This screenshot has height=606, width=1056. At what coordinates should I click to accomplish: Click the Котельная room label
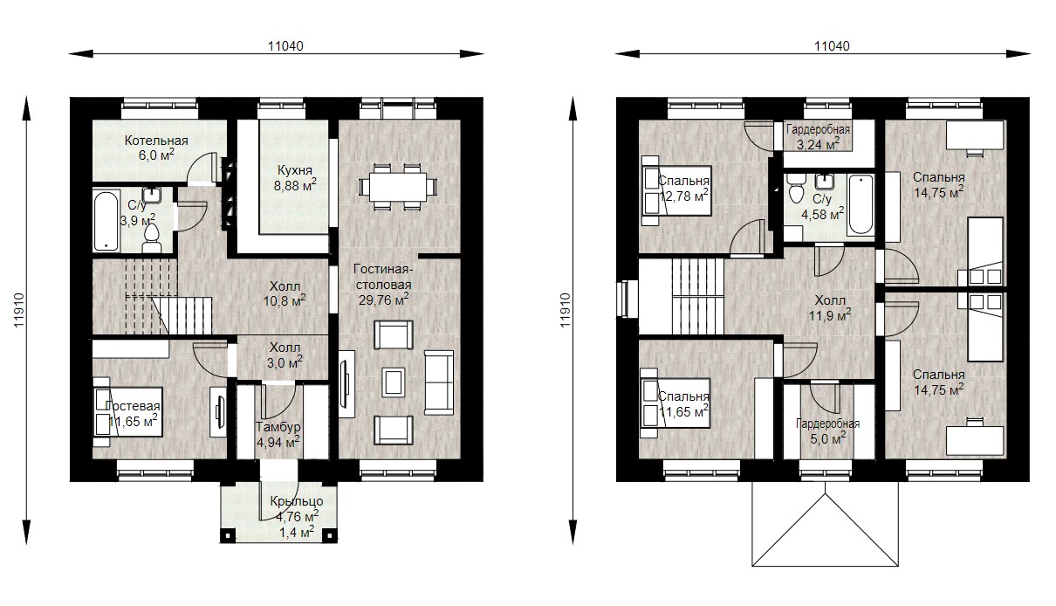point(156,141)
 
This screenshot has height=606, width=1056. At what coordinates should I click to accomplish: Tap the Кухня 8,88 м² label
point(295,178)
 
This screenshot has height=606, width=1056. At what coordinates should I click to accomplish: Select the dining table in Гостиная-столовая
point(398,187)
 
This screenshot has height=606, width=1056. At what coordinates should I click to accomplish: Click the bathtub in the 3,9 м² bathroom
point(106,221)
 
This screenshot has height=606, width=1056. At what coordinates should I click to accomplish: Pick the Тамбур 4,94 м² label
point(278,435)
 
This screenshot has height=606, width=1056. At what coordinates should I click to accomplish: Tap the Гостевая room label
point(133,406)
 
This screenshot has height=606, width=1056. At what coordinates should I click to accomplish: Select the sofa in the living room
point(439,382)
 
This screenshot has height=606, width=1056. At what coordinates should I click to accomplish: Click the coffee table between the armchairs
point(393,382)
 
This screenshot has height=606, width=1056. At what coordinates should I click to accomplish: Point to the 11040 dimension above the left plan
point(285,46)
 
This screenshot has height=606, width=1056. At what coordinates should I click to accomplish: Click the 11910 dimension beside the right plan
point(565,310)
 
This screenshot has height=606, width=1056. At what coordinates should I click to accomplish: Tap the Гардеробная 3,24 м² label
point(819,137)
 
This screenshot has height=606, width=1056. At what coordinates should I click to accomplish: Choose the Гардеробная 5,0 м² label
point(828,431)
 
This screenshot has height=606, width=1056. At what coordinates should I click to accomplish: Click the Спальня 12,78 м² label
point(683,188)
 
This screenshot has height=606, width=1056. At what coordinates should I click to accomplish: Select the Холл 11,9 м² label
point(830,308)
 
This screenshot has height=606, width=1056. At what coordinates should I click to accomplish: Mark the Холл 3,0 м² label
point(285,355)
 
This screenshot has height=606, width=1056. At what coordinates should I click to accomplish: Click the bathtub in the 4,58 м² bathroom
point(861,205)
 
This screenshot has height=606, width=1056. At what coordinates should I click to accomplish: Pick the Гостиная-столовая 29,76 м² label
point(383,285)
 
